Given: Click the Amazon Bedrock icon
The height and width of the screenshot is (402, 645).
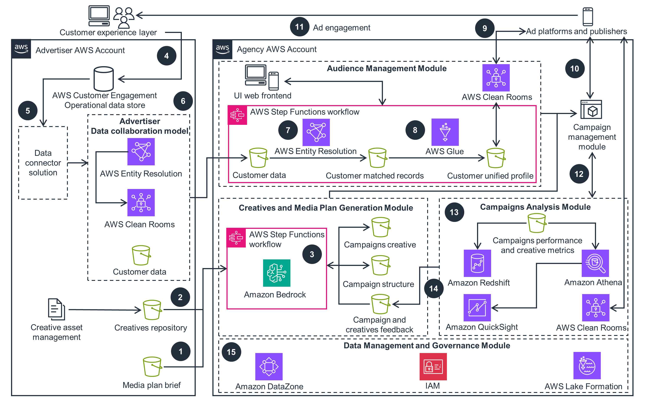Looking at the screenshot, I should tap(277, 273).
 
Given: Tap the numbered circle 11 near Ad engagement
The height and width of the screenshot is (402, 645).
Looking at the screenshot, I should tap(299, 27).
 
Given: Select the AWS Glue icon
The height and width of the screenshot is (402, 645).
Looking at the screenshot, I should tap(445, 132).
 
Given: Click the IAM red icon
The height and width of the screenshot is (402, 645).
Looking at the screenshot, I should tap(433, 366).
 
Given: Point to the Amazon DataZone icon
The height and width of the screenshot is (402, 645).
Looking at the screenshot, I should tap(269, 366).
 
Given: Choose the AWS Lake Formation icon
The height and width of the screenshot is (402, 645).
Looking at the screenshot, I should tap(587, 366).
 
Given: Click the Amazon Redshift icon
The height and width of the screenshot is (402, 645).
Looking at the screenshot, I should tap(477, 263).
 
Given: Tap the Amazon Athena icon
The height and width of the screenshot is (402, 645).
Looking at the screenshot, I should tap(595, 263).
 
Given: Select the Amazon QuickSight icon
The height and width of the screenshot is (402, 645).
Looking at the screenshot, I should tap(477, 308).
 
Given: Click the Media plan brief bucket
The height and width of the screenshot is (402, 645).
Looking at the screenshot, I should tap(152, 367).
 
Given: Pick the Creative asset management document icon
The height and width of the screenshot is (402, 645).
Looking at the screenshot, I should tap(56, 309).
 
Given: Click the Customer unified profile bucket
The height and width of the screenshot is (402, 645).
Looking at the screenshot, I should tap(496, 158).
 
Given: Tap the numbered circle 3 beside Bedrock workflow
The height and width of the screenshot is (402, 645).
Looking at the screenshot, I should tap(312, 254).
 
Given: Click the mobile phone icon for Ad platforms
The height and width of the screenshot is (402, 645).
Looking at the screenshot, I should tap(588, 16).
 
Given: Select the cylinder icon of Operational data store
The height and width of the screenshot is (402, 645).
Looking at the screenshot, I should tap(104, 79).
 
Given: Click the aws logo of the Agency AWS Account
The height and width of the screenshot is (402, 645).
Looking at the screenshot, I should tap(223, 49).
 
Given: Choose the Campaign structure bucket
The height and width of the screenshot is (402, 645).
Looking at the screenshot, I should tap(380, 265).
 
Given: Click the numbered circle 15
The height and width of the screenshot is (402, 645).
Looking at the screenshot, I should tap(231, 352).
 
